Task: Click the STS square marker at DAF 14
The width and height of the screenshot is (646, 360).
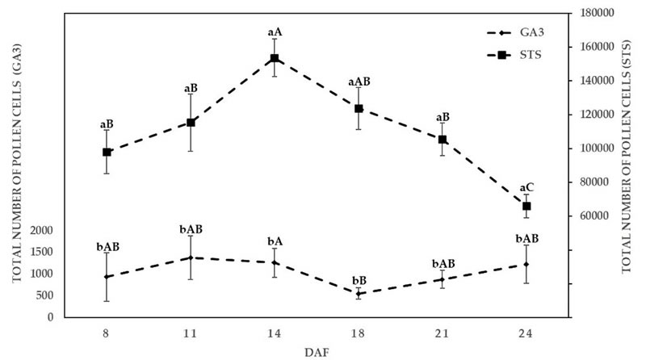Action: pyautogui.click(x=275, y=58)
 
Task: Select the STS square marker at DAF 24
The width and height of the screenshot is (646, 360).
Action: pyautogui.click(x=526, y=206)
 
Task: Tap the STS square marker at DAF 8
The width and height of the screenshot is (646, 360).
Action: pyautogui.click(x=107, y=152)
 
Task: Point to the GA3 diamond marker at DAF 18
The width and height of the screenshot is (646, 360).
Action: pyautogui.click(x=359, y=294)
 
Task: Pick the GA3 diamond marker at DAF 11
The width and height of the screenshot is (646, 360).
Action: pyautogui.click(x=191, y=257)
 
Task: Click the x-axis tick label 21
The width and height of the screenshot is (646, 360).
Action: pyautogui.click(x=443, y=333)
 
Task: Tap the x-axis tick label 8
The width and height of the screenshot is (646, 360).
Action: pyautogui.click(x=107, y=333)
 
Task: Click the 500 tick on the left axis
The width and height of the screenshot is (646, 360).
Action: pyautogui.click(x=45, y=295)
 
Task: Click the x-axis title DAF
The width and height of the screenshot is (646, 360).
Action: pyautogui.click(x=317, y=351)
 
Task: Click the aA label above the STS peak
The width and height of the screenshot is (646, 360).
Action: pyautogui.click(x=275, y=32)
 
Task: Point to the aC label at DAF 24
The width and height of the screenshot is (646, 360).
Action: pyautogui.click(x=526, y=187)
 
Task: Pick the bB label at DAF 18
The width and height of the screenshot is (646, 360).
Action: pyautogui.click(x=359, y=280)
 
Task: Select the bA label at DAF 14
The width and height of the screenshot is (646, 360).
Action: pyautogui.click(x=275, y=241)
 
